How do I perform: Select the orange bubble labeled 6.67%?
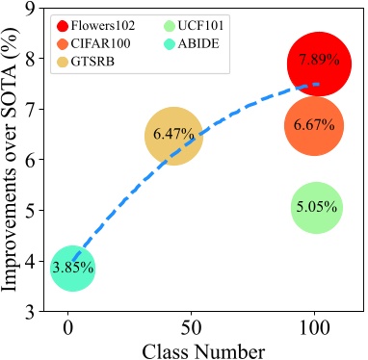pos(315,126)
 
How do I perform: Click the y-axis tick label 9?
pos(32,9)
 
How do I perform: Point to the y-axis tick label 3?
pos(32,313)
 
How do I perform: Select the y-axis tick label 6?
pos(32,161)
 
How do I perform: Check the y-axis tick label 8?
pos(32,60)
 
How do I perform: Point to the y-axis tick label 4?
pos(32,262)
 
